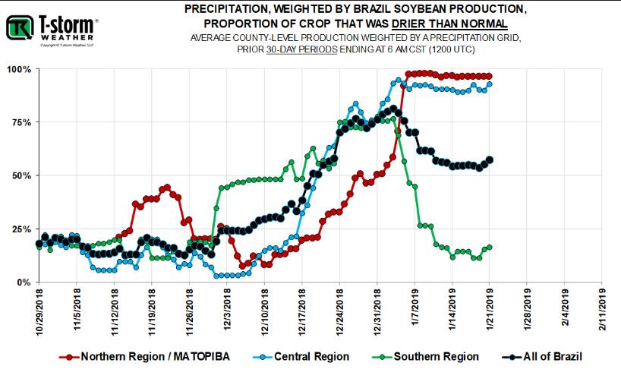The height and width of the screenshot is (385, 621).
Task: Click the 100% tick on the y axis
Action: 19,69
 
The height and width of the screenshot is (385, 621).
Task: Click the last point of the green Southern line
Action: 490,247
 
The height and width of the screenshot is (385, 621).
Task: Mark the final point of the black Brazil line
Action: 490,159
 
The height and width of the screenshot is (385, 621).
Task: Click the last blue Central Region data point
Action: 490,84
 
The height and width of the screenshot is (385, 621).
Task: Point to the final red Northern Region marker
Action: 490,76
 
